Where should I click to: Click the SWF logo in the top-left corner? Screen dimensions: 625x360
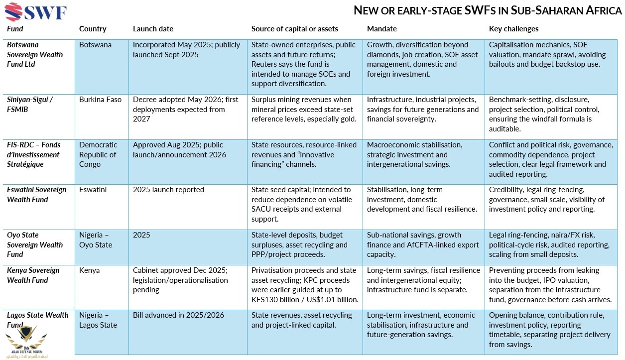(x=35, y=12)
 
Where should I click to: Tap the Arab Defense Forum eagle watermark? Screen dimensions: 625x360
(x=26, y=342)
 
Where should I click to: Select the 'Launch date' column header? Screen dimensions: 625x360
(x=153, y=29)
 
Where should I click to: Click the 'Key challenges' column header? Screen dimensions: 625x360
(x=513, y=29)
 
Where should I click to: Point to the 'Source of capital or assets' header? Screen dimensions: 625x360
(x=294, y=29)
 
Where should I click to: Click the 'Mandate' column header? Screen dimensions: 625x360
(x=381, y=29)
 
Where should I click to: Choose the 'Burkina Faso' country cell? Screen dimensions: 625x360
(x=100, y=100)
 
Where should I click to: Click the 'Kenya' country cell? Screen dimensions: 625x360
(x=89, y=270)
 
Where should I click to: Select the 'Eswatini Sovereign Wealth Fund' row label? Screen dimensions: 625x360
(x=36, y=195)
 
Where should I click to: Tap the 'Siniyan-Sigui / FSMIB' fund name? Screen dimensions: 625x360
(x=29, y=105)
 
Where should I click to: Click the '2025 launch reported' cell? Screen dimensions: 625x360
(x=168, y=190)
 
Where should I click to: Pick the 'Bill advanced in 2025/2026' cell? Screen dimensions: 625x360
(x=178, y=315)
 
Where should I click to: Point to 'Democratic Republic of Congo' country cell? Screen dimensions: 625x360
(x=98, y=154)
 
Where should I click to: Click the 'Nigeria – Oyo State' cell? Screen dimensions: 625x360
(x=96, y=240)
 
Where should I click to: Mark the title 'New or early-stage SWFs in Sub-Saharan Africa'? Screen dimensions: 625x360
(x=488, y=10)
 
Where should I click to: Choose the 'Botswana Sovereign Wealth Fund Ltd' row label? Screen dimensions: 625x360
(x=35, y=54)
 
